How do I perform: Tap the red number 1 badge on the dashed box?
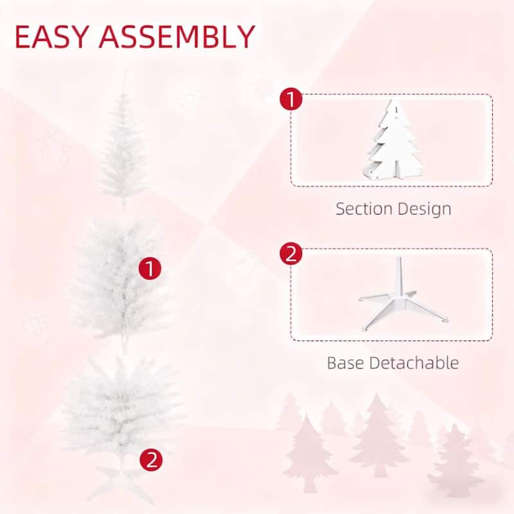click(x=291, y=100)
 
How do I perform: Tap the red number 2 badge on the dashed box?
click(x=291, y=254)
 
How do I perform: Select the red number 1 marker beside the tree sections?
click(x=150, y=269)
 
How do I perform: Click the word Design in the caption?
click(x=425, y=209)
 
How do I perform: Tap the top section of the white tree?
click(x=121, y=151)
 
